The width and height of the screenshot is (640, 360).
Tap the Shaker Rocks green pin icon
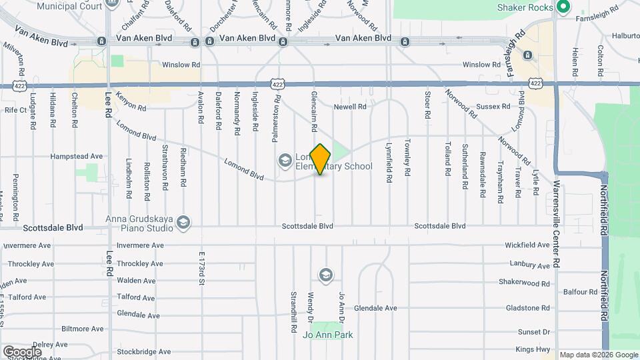(563, 7)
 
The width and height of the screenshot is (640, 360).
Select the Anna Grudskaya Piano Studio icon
(184, 222)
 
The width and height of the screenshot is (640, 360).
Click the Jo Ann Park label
(327, 335)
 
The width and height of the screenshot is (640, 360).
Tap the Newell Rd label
(350, 107)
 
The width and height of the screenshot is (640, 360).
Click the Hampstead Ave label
(77, 157)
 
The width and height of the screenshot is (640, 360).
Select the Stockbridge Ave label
(143, 351)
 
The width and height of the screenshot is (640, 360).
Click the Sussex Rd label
(494, 106)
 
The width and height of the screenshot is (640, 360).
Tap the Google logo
(22, 351)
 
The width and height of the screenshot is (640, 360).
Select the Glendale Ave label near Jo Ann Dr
(375, 308)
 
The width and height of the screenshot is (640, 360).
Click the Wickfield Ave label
(527, 245)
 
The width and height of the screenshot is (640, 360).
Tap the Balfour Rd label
(579, 292)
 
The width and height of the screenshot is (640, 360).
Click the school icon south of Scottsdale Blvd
(325, 274)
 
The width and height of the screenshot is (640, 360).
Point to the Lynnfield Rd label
(389, 162)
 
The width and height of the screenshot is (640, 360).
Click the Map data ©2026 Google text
(598, 355)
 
